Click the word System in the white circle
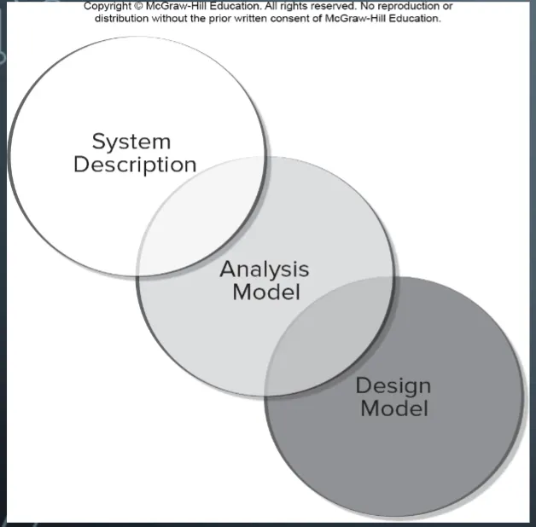pos(131,141)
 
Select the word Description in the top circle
pos(135,165)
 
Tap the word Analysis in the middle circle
pos(265,269)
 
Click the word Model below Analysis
pos(266,292)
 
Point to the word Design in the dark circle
pos(393,385)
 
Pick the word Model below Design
pos(393,408)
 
